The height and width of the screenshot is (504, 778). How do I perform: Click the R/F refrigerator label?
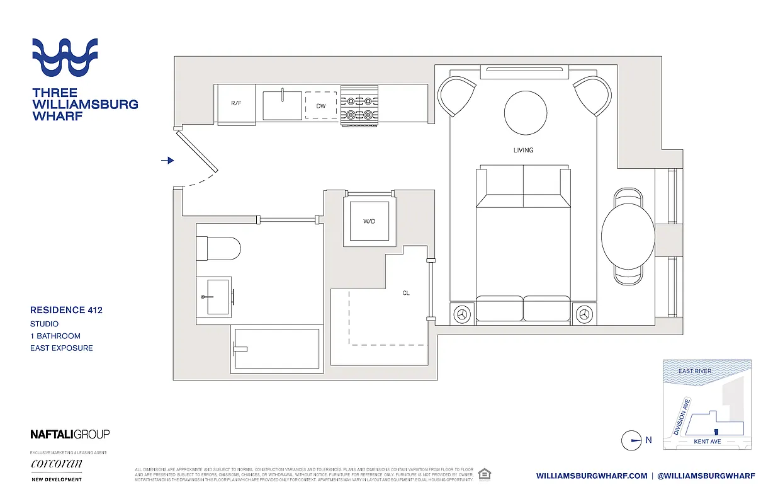tap(236, 103)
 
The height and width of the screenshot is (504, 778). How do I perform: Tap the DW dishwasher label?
tap(321, 106)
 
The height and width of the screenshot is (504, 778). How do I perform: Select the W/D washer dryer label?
tap(369, 221)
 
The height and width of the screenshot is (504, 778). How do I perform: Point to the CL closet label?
tap(406, 293)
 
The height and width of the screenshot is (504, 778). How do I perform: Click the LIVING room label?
tap(523, 150)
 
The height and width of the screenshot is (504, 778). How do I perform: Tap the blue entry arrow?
tap(167, 161)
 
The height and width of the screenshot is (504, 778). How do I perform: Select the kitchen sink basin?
tap(282, 105)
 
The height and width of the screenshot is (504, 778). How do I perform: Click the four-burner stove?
tap(359, 105)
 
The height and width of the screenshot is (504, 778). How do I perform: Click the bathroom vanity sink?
tap(213, 296)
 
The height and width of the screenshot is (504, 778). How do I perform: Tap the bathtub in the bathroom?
tap(276, 348)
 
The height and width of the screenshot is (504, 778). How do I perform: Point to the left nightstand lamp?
tap(463, 314)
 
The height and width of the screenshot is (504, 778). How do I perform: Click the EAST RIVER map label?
tap(695, 371)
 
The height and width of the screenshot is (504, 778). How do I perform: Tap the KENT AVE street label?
tap(707, 442)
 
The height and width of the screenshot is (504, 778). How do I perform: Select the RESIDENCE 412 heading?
tap(66, 310)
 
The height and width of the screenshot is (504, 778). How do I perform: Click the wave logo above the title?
tap(65, 57)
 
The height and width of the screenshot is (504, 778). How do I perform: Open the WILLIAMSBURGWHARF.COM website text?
tap(592, 476)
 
